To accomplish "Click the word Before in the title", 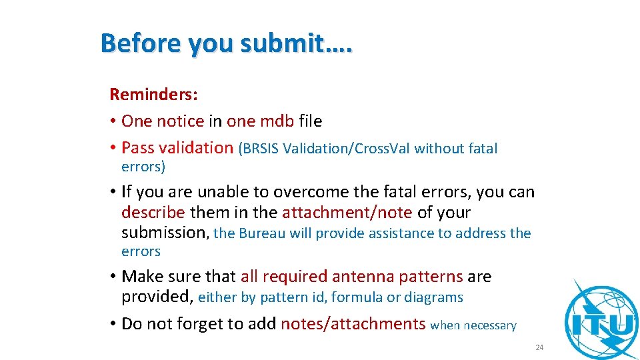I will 141,43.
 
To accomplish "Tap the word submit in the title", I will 279,43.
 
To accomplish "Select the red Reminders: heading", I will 153,94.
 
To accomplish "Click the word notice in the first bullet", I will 180,121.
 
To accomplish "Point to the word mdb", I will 277,121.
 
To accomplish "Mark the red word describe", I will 153,213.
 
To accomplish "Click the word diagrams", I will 433,297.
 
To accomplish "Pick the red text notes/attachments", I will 353,324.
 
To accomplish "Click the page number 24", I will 539,347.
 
